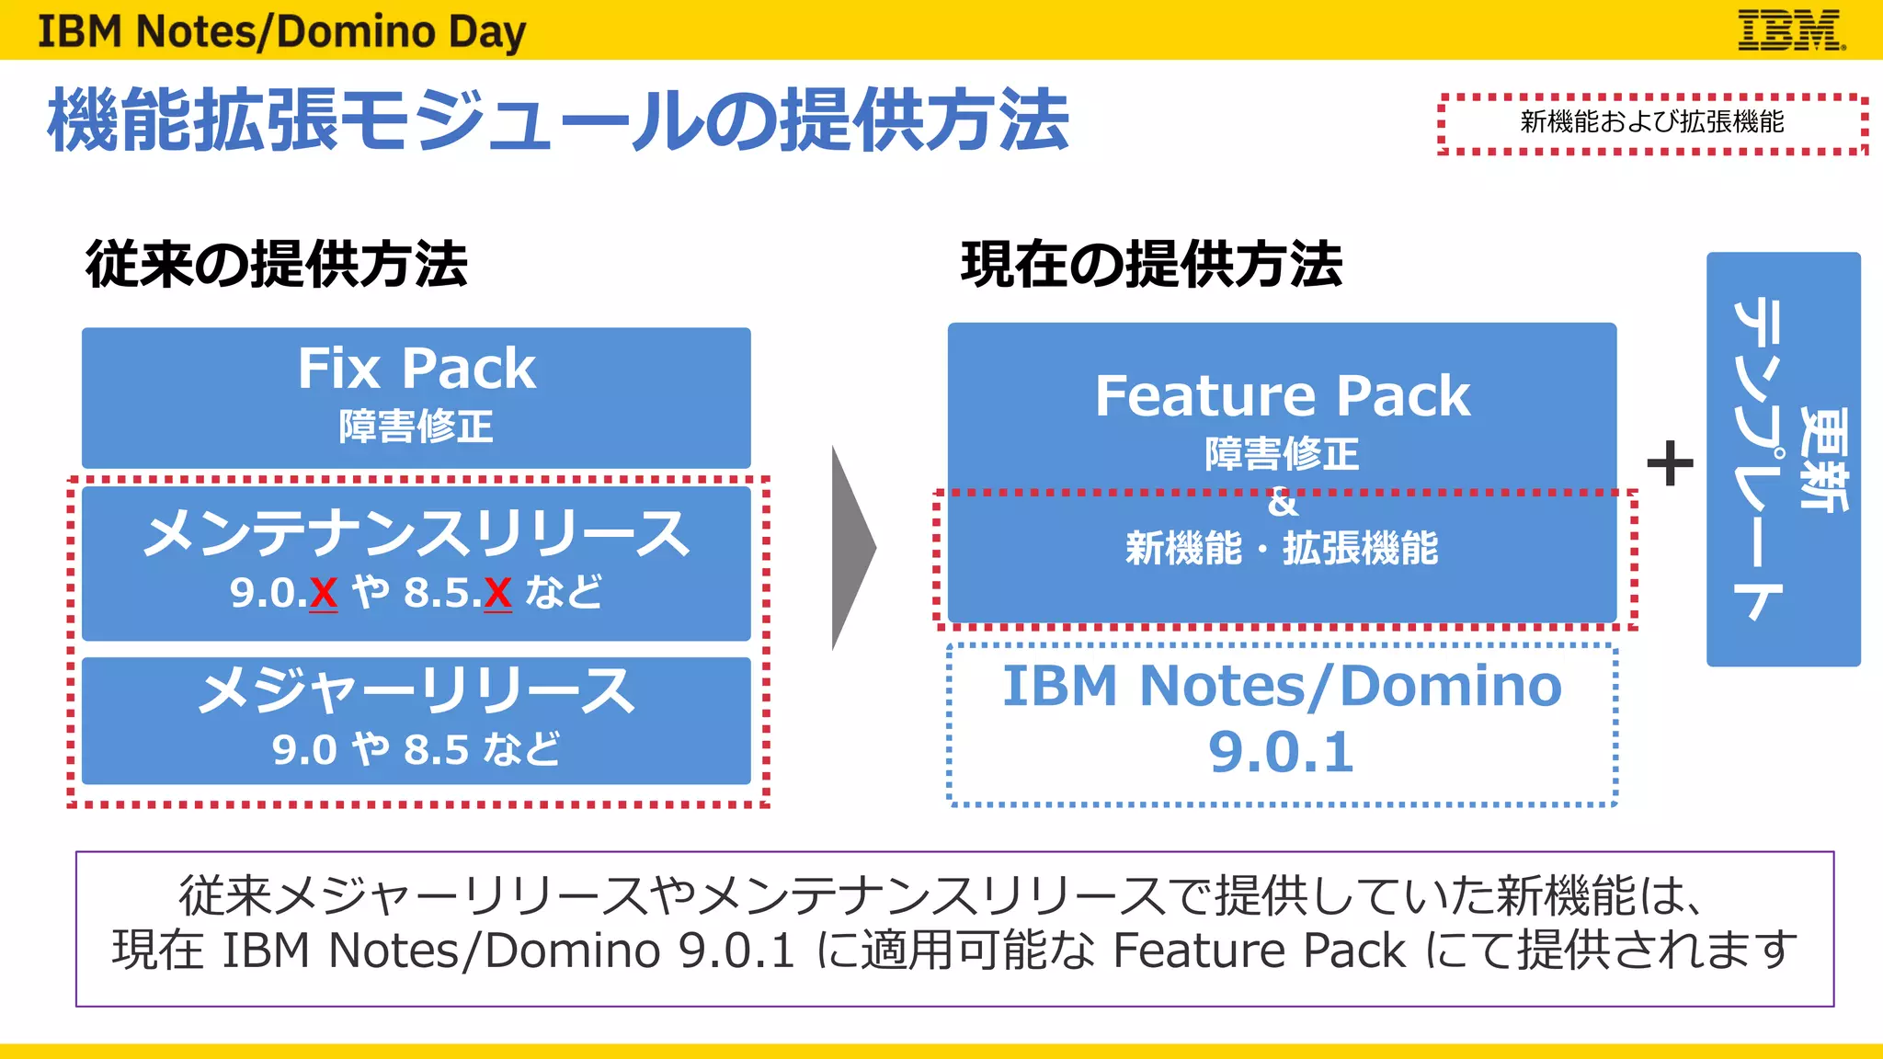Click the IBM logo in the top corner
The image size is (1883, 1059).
coord(1791,30)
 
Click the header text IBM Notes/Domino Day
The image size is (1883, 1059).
coord(281,31)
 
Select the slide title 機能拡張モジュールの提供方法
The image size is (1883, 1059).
coord(558,120)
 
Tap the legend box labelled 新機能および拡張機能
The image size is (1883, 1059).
coord(1652,122)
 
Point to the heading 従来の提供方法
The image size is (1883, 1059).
coord(277,265)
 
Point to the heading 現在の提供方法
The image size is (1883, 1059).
coord(1151,265)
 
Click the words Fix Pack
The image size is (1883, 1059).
coord(417,369)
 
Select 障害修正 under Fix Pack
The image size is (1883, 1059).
coord(417,427)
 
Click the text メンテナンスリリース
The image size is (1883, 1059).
coord(417,534)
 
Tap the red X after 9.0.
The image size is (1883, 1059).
coord(324,593)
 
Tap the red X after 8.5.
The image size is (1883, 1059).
coord(497,593)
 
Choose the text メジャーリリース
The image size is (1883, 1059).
coord(417,691)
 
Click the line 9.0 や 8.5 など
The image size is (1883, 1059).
coord(417,749)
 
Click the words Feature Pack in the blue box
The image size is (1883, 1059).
coord(1282,396)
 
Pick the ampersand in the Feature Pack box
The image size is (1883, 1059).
coord(1282,503)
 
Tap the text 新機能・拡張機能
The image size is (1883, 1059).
coord(1282,549)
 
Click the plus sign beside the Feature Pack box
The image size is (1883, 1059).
coord(1670,462)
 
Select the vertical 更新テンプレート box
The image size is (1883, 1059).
coord(1783,459)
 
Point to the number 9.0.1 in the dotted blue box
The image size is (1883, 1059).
coord(1282,752)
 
